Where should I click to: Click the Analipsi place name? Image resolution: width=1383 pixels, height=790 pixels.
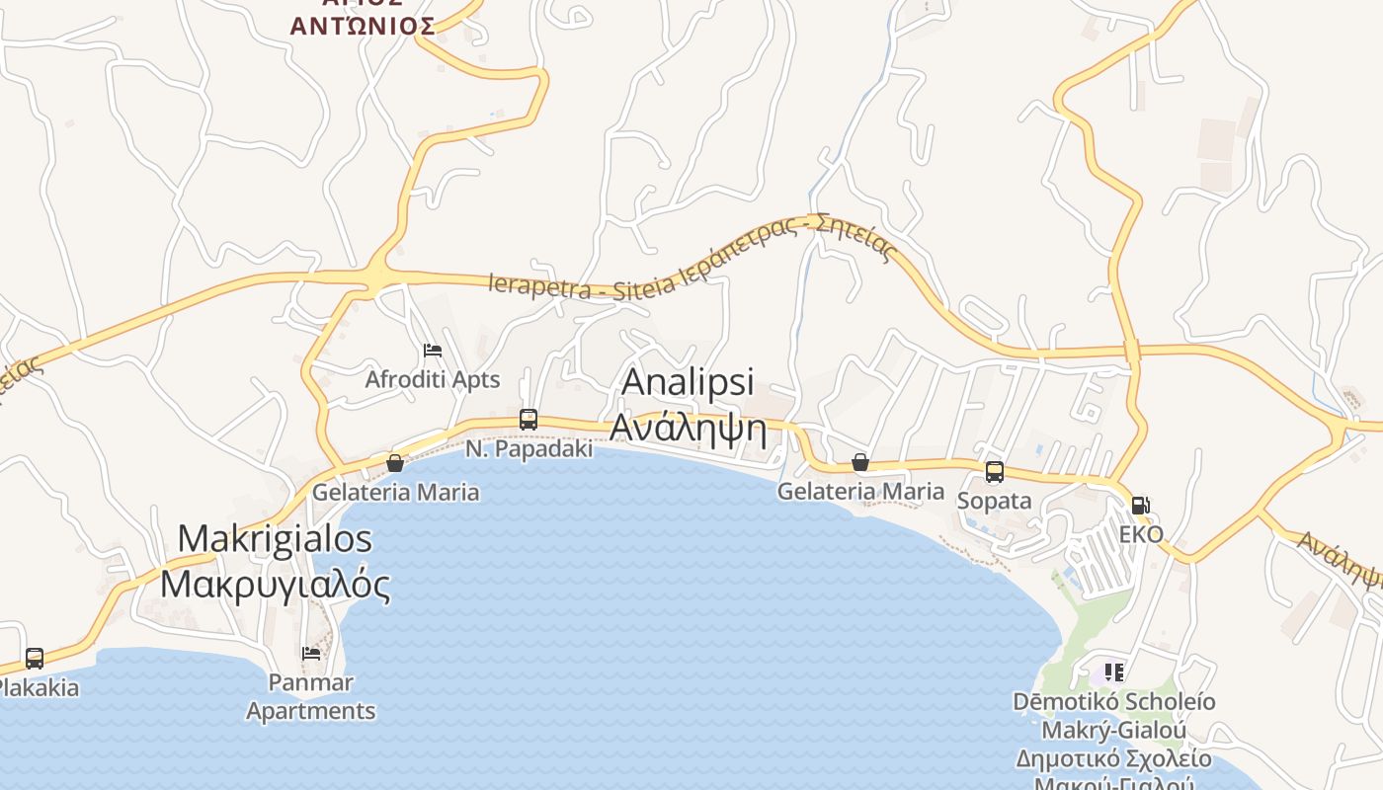click(x=688, y=382)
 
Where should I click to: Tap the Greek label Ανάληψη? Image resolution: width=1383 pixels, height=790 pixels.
click(x=688, y=427)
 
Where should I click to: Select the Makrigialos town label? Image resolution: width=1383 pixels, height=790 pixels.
click(x=275, y=539)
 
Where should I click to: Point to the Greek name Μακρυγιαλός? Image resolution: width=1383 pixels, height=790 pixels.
click(x=275, y=584)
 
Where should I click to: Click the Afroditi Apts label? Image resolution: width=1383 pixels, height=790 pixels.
click(x=433, y=380)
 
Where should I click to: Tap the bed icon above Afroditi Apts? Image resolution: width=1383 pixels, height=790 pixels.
click(x=432, y=351)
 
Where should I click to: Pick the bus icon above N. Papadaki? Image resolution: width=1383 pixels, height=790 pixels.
click(x=529, y=420)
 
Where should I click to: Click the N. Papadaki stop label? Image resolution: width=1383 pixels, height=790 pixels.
click(x=529, y=449)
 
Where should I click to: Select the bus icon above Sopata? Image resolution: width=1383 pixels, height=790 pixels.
click(x=994, y=472)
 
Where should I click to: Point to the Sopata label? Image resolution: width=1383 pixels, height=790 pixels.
click(x=994, y=501)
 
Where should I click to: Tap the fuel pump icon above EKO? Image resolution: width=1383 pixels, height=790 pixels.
click(x=1141, y=506)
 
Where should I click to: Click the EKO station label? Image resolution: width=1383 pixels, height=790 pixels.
click(x=1141, y=535)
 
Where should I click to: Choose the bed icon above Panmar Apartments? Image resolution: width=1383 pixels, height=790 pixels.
click(x=311, y=653)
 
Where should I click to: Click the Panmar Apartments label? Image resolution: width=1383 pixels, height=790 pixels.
click(x=311, y=696)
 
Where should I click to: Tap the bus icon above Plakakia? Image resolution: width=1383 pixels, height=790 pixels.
click(x=35, y=659)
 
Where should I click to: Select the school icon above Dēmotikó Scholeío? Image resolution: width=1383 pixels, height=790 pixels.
click(x=1114, y=672)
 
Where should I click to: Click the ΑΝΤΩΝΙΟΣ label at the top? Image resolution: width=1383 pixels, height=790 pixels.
click(x=363, y=26)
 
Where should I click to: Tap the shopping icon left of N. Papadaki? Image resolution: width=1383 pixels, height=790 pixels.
click(x=395, y=462)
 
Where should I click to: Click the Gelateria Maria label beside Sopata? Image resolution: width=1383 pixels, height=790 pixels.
click(x=860, y=491)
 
